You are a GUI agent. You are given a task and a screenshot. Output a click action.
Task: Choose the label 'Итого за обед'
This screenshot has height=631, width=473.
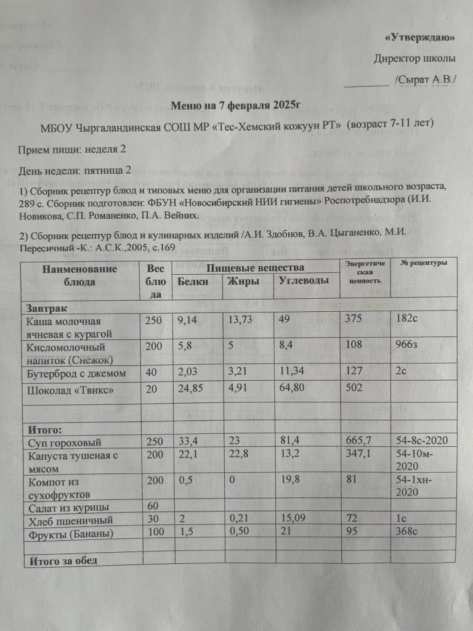(62, 560)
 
